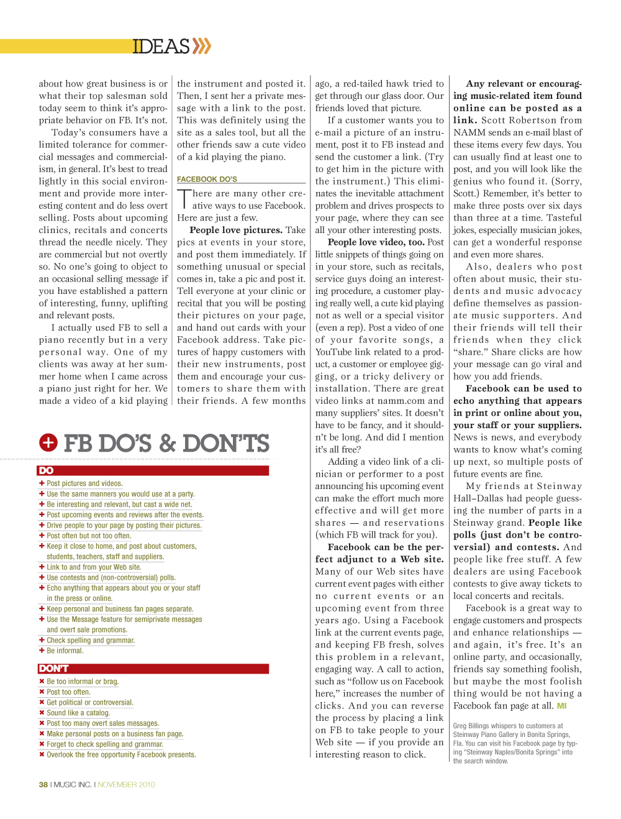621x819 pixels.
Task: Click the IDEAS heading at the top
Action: coord(161,47)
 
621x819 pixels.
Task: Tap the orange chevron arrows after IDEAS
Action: coord(202,46)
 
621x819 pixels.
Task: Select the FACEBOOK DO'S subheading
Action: coord(207,179)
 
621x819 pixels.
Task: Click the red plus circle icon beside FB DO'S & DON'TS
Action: coord(48,442)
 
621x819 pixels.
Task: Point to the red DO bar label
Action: coord(47,470)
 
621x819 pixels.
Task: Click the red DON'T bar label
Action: coord(53,669)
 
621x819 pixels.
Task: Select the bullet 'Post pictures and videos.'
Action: coord(84,483)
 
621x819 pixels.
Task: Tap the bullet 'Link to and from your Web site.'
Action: coord(94,567)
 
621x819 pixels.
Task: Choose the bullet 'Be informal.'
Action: coord(65,651)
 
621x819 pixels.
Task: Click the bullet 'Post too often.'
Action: coord(68,692)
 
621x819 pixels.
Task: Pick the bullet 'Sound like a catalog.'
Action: coord(78,713)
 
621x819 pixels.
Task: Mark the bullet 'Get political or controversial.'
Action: coord(89,702)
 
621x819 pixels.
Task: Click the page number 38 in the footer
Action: coord(43,784)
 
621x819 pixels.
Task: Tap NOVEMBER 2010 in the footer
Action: coord(126,784)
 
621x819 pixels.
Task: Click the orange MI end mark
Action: coord(561,706)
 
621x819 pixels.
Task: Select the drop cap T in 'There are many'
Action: coord(184,199)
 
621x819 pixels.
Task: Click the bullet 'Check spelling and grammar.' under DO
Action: coord(91,640)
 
